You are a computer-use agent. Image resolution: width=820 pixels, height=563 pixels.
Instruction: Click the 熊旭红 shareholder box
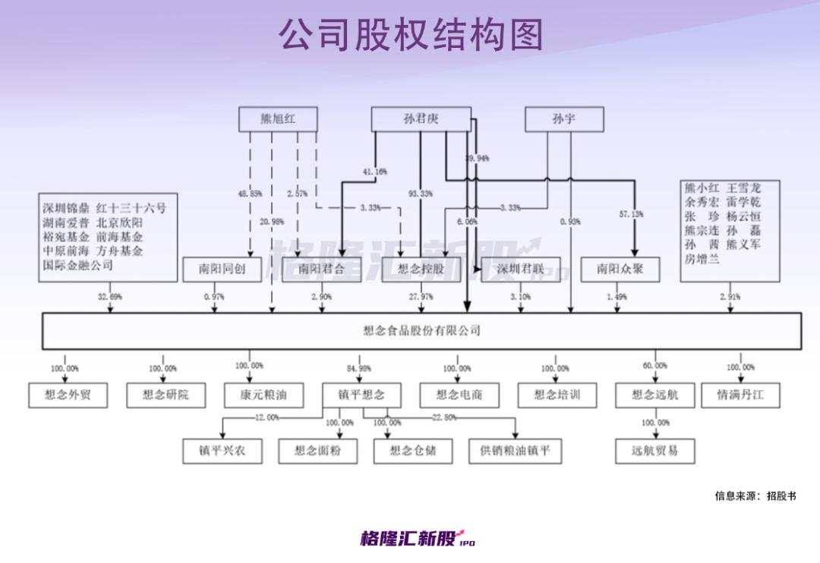click(278, 119)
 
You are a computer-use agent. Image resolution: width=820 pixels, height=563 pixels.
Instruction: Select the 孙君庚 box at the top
click(421, 119)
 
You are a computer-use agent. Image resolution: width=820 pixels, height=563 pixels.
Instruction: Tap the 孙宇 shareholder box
click(564, 119)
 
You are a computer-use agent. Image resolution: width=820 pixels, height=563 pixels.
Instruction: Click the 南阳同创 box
click(222, 269)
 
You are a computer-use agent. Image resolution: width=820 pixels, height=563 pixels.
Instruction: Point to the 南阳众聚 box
click(620, 269)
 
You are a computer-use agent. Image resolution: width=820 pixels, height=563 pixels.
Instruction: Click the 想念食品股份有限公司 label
click(422, 331)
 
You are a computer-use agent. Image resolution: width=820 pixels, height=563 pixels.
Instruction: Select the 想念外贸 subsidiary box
click(68, 395)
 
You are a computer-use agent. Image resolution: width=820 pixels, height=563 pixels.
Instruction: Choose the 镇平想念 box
click(361, 395)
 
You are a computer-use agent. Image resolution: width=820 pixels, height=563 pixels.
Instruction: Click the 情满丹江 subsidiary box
click(740, 395)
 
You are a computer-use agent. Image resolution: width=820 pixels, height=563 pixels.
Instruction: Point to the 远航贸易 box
click(654, 451)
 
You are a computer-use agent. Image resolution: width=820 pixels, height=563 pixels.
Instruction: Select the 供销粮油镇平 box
click(515, 451)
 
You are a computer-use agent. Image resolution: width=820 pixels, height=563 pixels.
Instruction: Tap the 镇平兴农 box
click(222, 451)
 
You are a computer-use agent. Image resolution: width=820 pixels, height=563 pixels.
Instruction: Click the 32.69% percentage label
click(110, 297)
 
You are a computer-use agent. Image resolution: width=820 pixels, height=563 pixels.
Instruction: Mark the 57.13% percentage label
click(630, 215)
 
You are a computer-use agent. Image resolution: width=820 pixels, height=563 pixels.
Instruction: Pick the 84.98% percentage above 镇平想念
click(358, 369)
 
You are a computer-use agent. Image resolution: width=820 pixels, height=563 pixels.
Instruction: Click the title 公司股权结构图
click(411, 34)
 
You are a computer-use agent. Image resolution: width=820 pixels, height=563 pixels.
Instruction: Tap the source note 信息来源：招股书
click(755, 496)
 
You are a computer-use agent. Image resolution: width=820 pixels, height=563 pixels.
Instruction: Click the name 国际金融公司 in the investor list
click(77, 265)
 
